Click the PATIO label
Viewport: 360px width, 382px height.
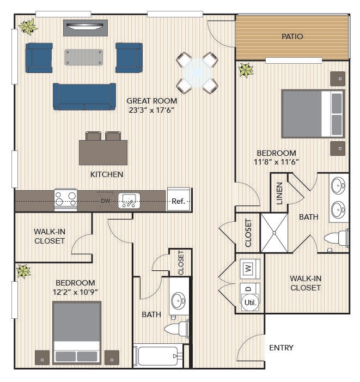[x=292, y=37]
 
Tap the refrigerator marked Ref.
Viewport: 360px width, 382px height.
[x=179, y=199]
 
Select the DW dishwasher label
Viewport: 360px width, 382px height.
[x=106, y=201]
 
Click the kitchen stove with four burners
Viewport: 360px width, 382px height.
[x=65, y=200]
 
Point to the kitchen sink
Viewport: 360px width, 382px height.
[x=129, y=201]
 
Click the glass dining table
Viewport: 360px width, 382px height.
[x=197, y=73]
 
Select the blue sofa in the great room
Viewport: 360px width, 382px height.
[x=84, y=96]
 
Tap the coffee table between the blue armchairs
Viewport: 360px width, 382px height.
[x=84, y=57]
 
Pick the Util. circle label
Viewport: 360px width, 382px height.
[x=250, y=302]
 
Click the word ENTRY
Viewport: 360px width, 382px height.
[x=281, y=348]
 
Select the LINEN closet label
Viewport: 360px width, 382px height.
[x=279, y=193]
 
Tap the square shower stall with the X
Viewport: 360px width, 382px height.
[x=274, y=233]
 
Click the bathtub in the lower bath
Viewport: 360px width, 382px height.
[x=158, y=356]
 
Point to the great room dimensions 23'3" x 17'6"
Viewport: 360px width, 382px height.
[x=151, y=110]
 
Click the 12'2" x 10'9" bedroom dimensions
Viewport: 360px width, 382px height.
[x=75, y=292]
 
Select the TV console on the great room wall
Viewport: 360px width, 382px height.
[x=86, y=28]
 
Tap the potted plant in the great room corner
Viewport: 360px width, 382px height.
[x=28, y=27]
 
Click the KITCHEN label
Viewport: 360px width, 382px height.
[x=107, y=174]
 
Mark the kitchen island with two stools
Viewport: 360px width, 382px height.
[x=103, y=148]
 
